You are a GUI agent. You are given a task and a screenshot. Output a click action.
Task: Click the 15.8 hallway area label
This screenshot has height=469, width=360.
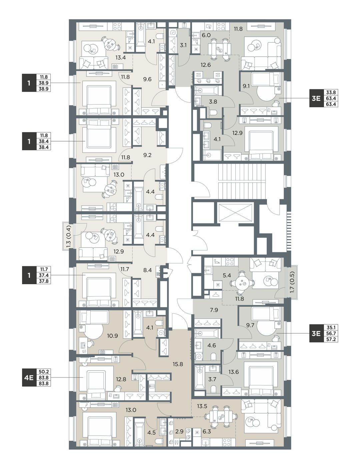178,364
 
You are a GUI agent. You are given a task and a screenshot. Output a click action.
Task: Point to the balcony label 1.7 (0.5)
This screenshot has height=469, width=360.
292,282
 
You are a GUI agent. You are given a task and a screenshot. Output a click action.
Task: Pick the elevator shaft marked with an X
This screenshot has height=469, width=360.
235,213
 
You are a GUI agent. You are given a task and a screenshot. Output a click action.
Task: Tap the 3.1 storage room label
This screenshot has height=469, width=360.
183,45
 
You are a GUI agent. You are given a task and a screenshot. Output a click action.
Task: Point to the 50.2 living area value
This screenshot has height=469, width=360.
44,372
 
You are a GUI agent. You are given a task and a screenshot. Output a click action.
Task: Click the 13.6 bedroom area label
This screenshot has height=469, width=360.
234,372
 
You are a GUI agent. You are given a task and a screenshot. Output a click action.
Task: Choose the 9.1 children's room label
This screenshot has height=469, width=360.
246,86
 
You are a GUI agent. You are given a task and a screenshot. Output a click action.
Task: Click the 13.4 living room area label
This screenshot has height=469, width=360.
121,58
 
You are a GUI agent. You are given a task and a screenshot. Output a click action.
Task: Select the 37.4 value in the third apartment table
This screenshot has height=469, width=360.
44,275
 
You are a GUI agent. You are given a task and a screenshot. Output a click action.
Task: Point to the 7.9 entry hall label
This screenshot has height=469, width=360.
214,310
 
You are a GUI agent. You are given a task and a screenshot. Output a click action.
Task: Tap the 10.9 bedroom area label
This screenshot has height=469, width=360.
113,336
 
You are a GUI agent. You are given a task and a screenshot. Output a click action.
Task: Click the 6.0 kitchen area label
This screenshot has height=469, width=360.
206,35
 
